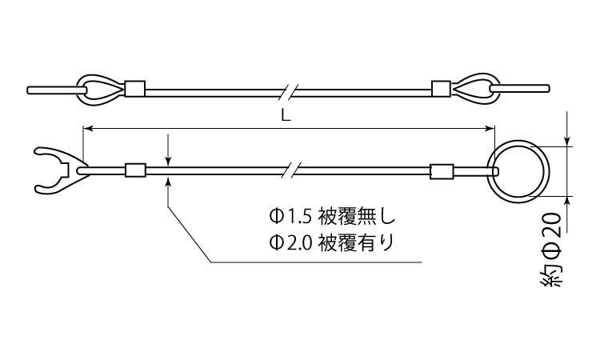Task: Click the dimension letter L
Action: tap(286, 116)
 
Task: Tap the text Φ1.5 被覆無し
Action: tap(332, 217)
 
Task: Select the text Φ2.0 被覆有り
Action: tap(331, 242)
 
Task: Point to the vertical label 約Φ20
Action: tap(551, 250)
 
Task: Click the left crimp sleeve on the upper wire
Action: tap(135, 88)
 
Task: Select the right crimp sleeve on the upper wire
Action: tap(441, 88)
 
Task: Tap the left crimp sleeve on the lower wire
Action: tap(136, 170)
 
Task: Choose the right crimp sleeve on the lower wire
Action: tap(442, 171)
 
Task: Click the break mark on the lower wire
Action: tap(292, 170)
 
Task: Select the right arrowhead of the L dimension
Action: tap(490, 129)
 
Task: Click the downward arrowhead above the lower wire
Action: tap(168, 161)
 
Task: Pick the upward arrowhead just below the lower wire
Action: tap(168, 182)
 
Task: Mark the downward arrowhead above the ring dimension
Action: tap(567, 141)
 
